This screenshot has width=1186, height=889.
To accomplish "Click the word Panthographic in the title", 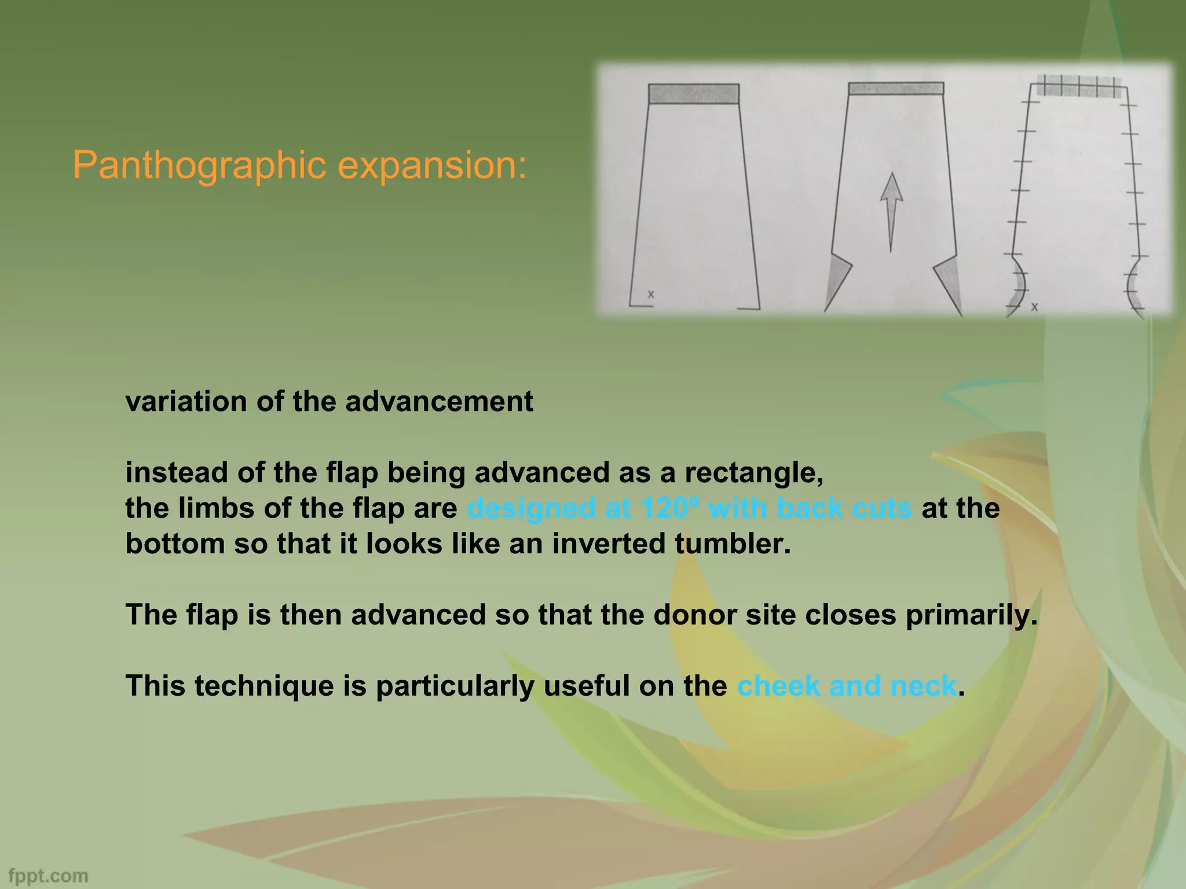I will (200, 166).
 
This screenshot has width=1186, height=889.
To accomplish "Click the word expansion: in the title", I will (432, 166).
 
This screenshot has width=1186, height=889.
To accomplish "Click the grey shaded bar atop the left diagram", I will (693, 93).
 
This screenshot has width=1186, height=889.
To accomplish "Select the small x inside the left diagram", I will (651, 294).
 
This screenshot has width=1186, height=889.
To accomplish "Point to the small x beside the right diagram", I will (1034, 307).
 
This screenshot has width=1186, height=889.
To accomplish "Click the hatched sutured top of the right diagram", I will (1079, 87).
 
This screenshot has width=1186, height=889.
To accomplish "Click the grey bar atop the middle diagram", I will (896, 89).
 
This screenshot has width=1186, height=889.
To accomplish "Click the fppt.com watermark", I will (49, 875).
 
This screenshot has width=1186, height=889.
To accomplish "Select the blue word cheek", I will (778, 686).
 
